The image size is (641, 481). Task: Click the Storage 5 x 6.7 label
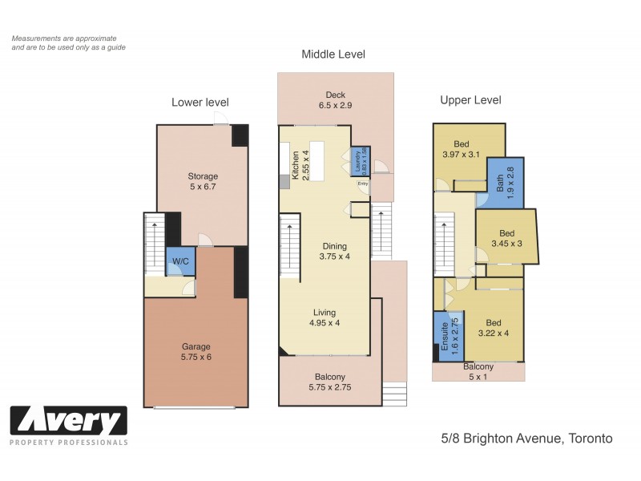click(203, 182)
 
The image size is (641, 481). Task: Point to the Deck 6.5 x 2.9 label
click(337, 99)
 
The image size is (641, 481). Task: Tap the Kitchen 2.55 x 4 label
click(299, 166)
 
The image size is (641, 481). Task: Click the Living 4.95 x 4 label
click(325, 317)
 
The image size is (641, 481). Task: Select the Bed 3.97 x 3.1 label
click(461, 149)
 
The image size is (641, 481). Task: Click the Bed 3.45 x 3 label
click(506, 237)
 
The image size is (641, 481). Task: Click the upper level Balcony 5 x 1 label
click(478, 372)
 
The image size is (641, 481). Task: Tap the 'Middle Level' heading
click(333, 55)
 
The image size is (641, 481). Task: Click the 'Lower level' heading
click(200, 102)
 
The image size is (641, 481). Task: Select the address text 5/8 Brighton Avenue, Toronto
click(526, 439)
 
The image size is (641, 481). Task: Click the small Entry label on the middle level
click(362, 184)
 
